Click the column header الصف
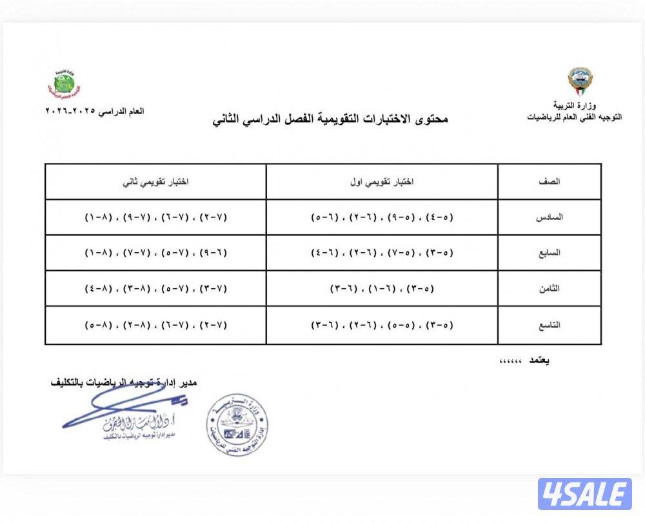pos(550,182)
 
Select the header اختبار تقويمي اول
pos(382,182)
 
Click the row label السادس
pos(550,217)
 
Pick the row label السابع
pos(550,253)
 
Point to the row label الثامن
pos(550,290)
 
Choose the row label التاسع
pos(550,326)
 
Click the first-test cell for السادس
pos(382,217)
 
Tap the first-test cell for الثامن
pos(382,290)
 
